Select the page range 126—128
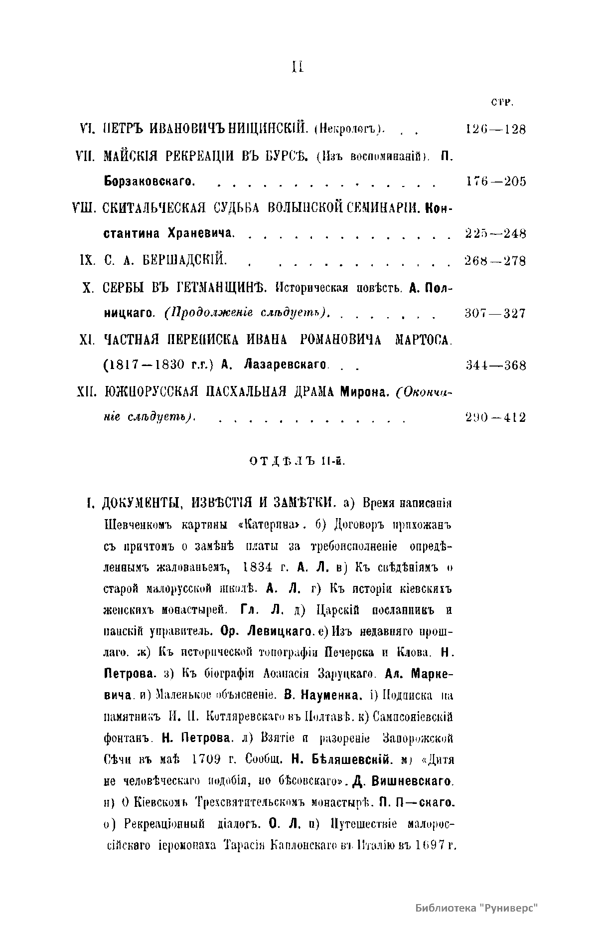pyautogui.click(x=495, y=130)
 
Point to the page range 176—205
pyautogui.click(x=495, y=182)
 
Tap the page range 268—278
pyautogui.click(x=495, y=261)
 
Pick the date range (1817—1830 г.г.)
pyautogui.click(x=158, y=366)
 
